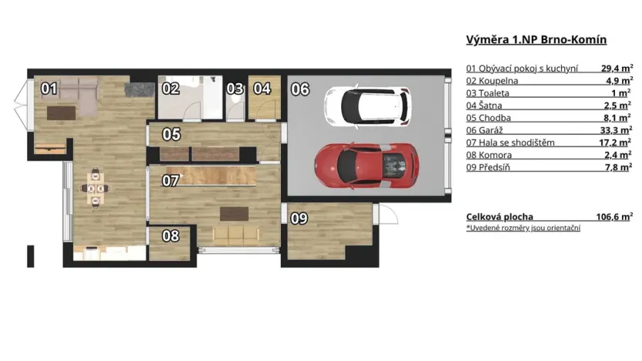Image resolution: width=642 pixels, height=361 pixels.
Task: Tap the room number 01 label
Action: tap(49, 89)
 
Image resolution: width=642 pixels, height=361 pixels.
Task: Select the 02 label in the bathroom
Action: tap(171, 89)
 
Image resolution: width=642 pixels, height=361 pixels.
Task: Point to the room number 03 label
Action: tap(235, 89)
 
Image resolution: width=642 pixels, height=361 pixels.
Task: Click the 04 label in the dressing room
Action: tap(262, 89)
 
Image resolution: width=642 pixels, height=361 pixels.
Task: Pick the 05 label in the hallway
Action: tap(171, 134)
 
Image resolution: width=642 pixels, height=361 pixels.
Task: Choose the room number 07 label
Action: tap(171, 182)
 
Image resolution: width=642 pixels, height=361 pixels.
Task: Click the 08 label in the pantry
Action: tap(171, 236)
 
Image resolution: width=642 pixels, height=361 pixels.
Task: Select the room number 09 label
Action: tap(299, 218)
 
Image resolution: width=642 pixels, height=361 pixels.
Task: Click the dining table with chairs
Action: tap(95, 186)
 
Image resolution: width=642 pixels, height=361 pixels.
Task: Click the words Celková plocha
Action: tap(499, 217)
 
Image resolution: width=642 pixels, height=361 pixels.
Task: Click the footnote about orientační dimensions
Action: tap(523, 228)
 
